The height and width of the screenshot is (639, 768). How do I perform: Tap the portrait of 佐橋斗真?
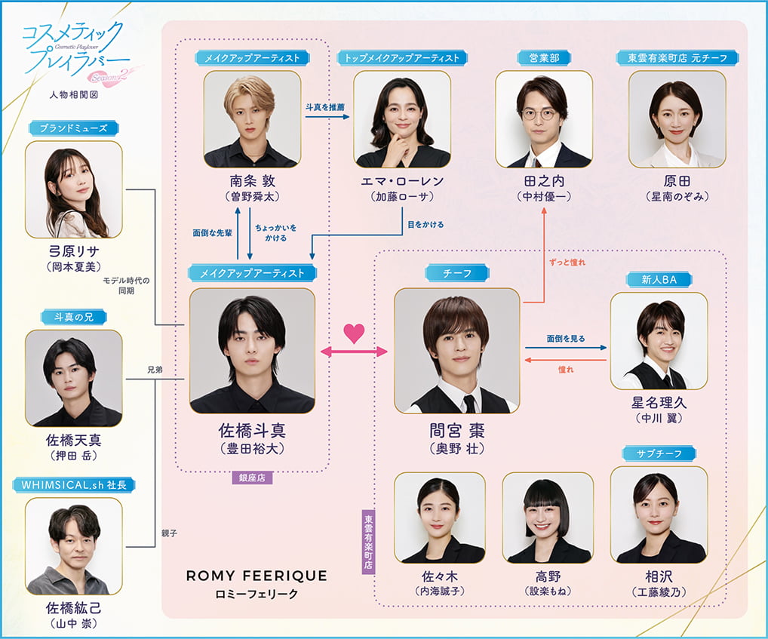click(252, 350)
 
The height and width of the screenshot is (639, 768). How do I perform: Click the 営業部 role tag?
click(544, 58)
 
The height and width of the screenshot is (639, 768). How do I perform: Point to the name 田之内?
click(543, 182)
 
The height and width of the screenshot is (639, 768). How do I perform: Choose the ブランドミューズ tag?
click(73, 128)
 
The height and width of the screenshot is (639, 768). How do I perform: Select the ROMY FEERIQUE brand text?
click(257, 576)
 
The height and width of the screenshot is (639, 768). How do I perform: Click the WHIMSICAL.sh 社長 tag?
click(73, 484)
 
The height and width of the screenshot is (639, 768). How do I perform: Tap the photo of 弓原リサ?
click(73, 189)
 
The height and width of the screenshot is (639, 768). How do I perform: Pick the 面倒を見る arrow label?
click(566, 339)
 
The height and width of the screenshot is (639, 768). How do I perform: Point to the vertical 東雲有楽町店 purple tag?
click(368, 541)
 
